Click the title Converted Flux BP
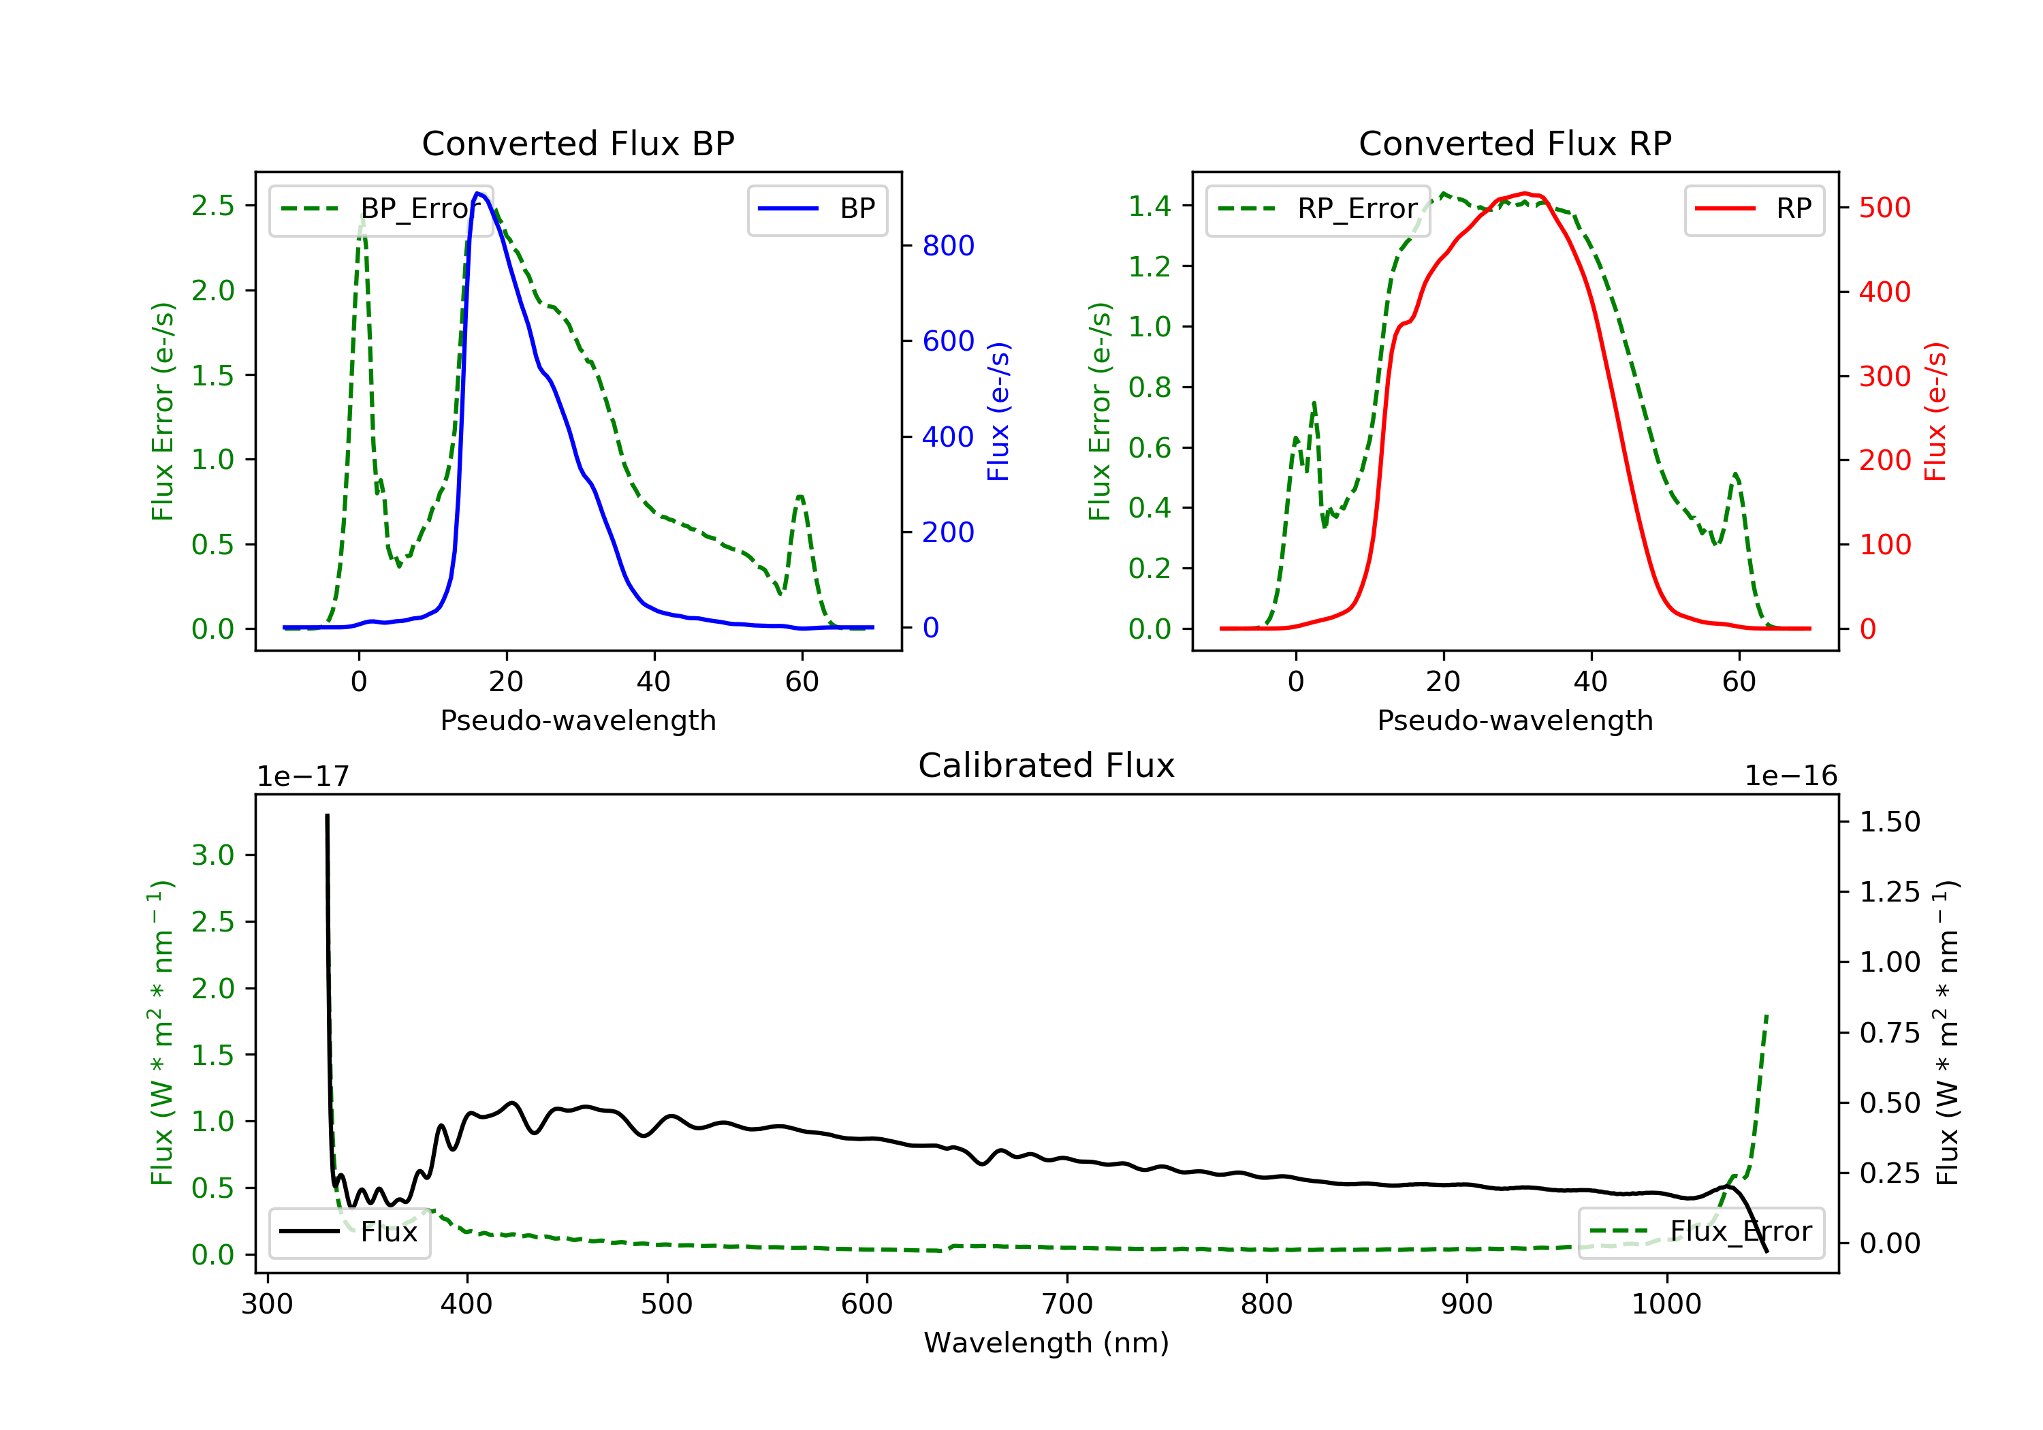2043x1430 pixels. click(x=577, y=143)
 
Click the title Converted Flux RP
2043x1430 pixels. click(x=1515, y=143)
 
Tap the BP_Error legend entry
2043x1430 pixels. click(x=381, y=209)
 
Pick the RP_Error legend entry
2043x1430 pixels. click(x=1318, y=209)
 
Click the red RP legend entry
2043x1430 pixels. click(x=1754, y=209)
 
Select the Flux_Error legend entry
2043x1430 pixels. click(x=1700, y=1232)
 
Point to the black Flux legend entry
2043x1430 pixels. click(x=350, y=1232)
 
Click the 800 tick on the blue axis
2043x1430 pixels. click(x=948, y=246)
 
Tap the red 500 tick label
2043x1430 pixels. click(x=1884, y=208)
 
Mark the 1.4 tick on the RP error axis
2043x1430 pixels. click(x=1149, y=206)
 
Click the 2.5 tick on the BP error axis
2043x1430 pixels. click(x=212, y=206)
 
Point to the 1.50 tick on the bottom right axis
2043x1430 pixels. click(x=1890, y=821)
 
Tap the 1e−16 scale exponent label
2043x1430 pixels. click(x=1790, y=776)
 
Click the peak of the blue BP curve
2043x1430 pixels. click(x=479, y=193)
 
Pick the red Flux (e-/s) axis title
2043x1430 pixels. click(x=1935, y=411)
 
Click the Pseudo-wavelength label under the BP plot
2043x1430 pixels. click(x=577, y=720)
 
